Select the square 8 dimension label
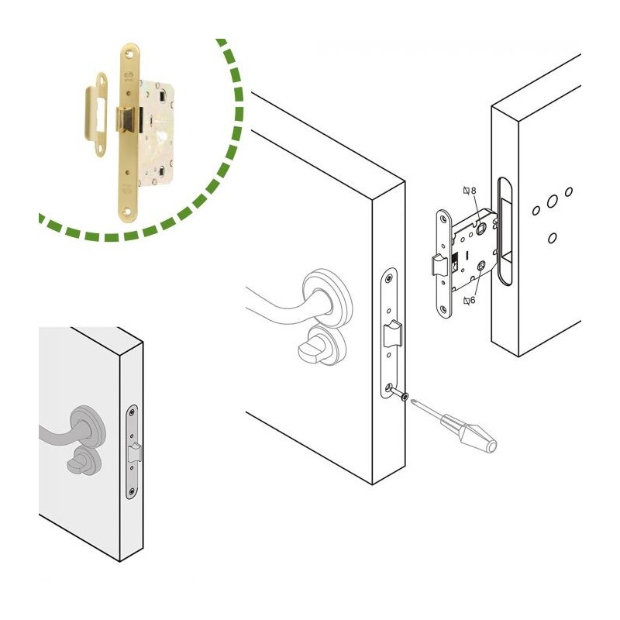click(470, 191)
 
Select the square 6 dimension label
click(470, 301)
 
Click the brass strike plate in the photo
click(96, 115)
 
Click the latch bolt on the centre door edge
click(393, 333)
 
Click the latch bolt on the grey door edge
click(135, 453)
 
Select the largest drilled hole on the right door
click(553, 202)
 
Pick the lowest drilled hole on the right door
click(553, 238)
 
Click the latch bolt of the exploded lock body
click(439, 264)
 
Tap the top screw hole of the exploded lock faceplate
click(443, 218)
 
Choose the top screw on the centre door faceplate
click(390, 278)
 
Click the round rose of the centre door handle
click(327, 298)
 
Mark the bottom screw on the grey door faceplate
click(132, 492)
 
